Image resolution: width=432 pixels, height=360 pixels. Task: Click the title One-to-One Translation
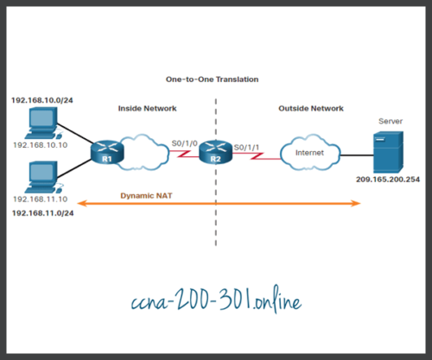pyautogui.click(x=212, y=79)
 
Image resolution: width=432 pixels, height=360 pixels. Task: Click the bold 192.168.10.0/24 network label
pyautogui.click(x=44, y=100)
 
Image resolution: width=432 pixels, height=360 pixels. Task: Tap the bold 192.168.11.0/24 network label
pyautogui.click(x=44, y=212)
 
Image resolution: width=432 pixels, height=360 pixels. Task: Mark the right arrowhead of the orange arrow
pyautogui.click(x=357, y=205)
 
